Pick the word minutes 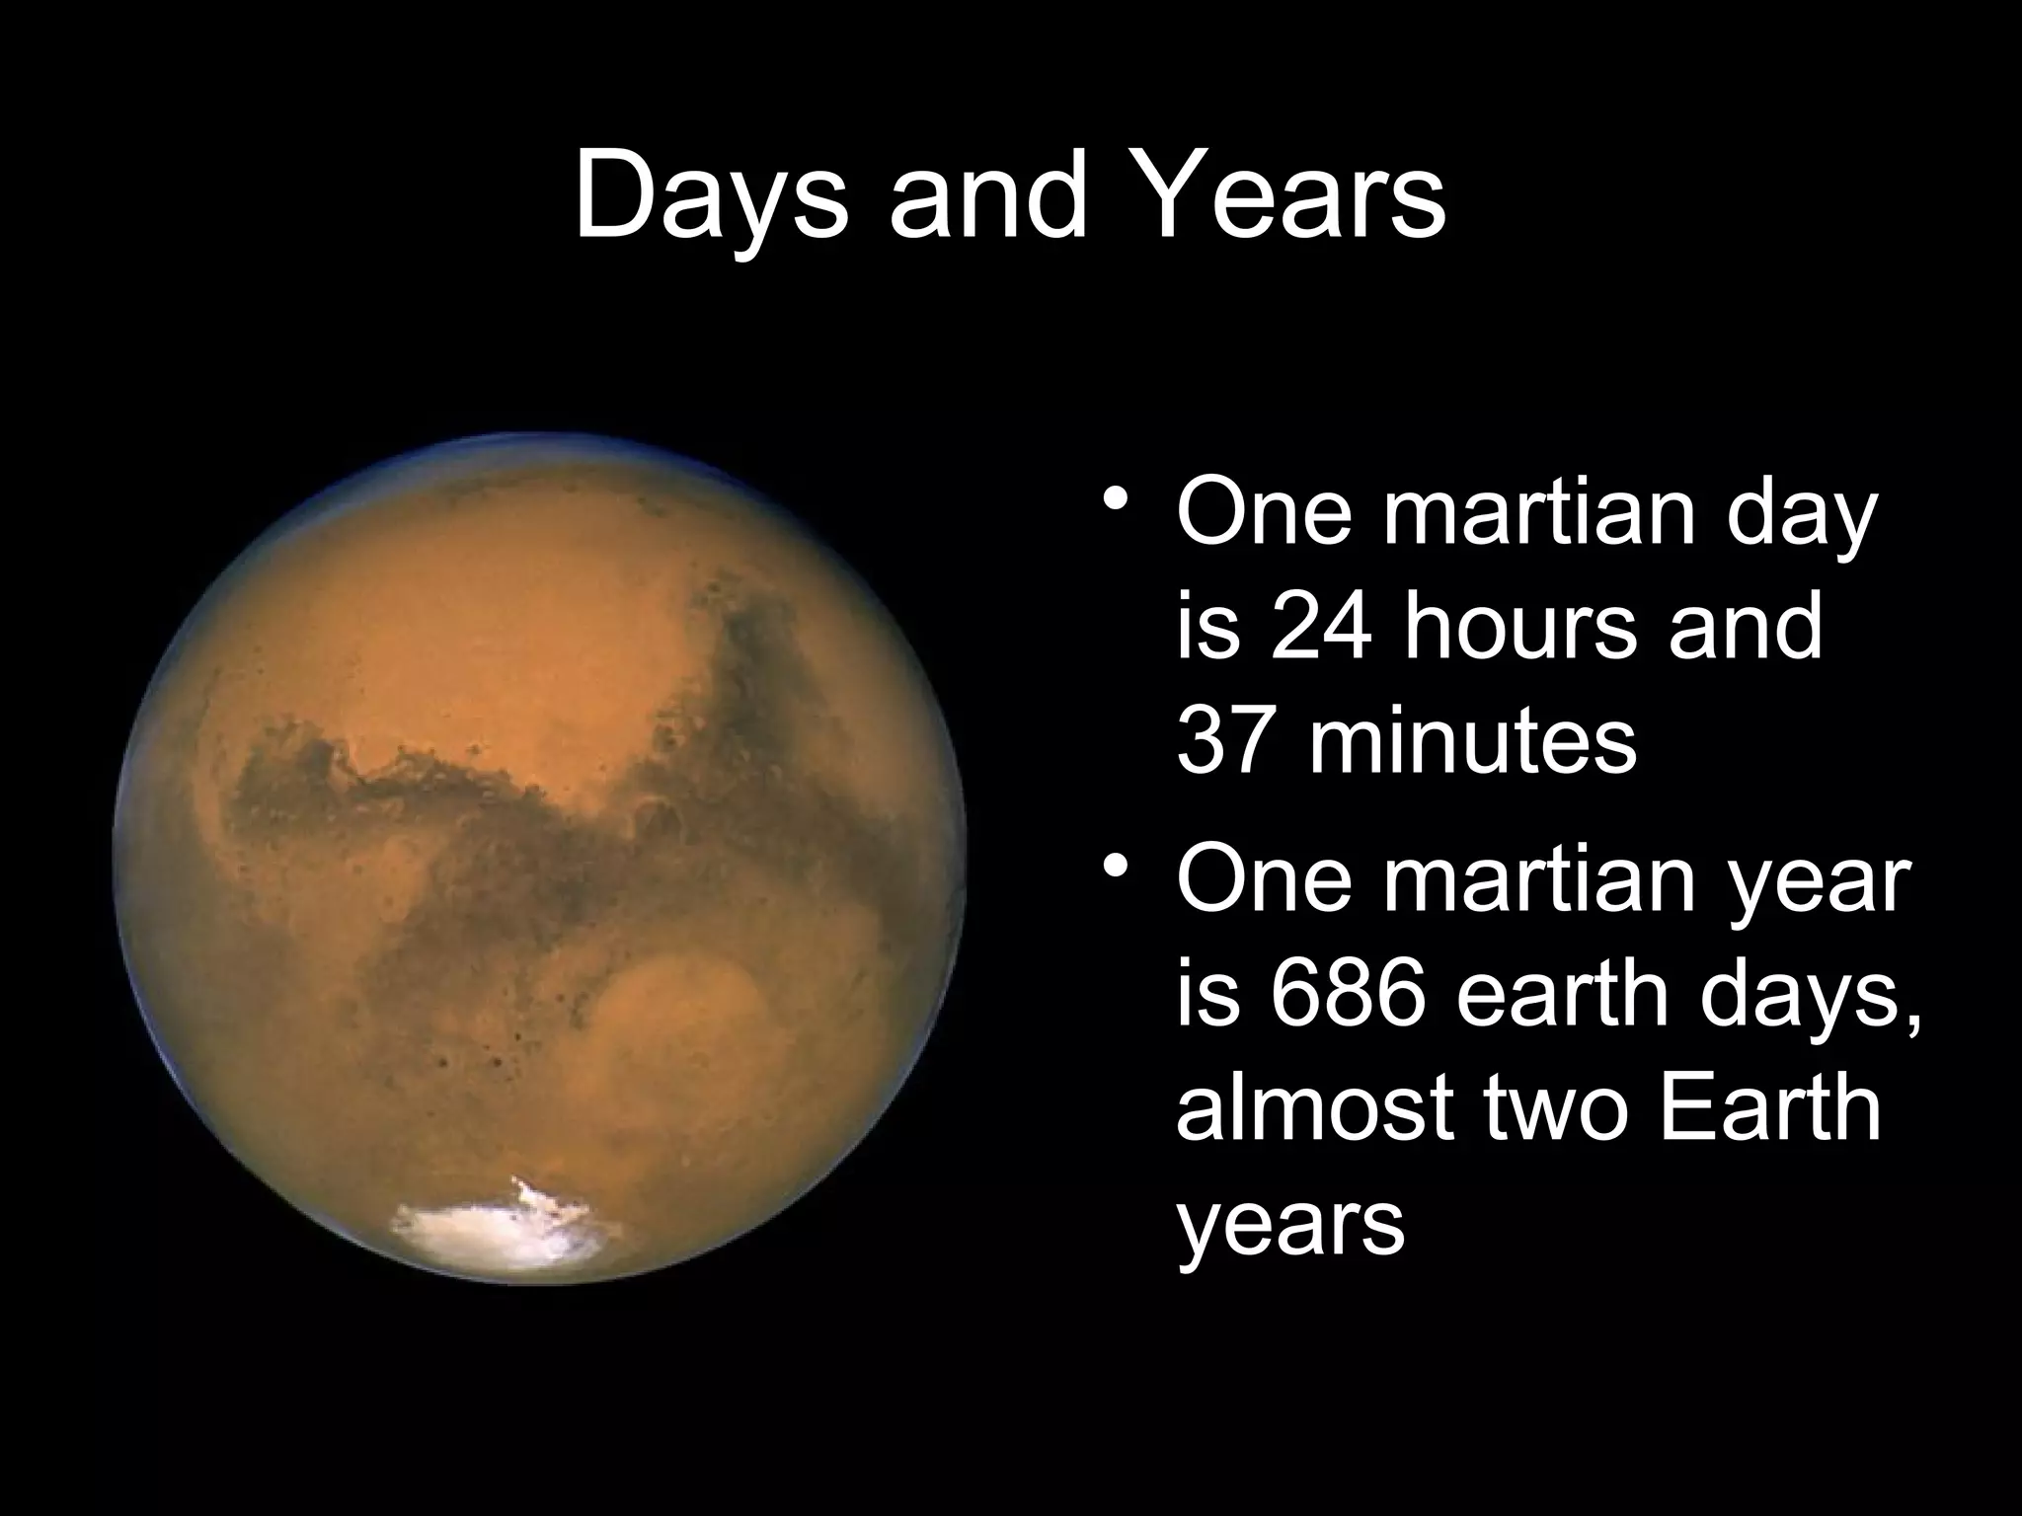click(1473, 742)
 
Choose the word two click(1557, 1109)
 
